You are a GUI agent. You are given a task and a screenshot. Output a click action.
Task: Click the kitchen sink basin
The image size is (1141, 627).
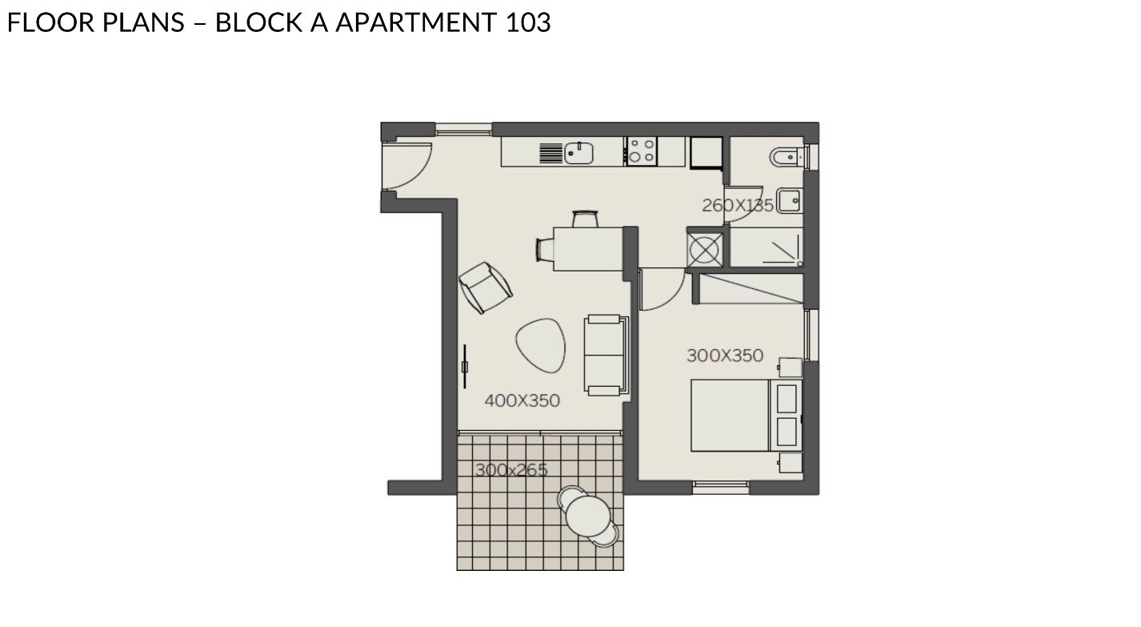(x=579, y=153)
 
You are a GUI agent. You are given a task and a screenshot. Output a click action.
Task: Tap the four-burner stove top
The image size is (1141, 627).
(x=641, y=151)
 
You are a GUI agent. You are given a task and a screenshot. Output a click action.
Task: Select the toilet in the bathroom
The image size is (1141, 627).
(x=787, y=158)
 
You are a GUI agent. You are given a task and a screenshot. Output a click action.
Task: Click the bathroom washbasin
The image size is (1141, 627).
(x=791, y=200)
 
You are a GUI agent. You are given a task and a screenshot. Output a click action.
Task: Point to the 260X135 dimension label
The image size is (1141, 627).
(x=738, y=206)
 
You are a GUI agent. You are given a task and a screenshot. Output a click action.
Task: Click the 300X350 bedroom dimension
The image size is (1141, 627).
(x=725, y=356)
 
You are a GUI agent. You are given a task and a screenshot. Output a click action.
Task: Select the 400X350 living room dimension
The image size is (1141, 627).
(x=522, y=400)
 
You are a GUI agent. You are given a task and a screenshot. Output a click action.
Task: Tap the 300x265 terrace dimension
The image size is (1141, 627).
(x=511, y=469)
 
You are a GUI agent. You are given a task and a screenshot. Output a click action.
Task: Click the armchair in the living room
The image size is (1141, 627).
(x=486, y=287)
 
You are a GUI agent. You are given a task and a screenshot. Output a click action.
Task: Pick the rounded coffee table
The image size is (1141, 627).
(x=540, y=345)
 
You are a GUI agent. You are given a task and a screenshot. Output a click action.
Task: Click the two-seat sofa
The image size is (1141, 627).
(x=607, y=356)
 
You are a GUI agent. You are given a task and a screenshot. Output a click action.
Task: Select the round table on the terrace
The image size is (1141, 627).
(x=588, y=516)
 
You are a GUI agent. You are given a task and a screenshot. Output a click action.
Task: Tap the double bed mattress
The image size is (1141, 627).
(x=730, y=415)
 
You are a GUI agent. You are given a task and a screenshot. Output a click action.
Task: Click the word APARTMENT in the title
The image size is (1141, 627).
(x=415, y=23)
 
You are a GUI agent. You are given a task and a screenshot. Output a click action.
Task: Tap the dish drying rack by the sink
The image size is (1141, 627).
(x=550, y=154)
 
